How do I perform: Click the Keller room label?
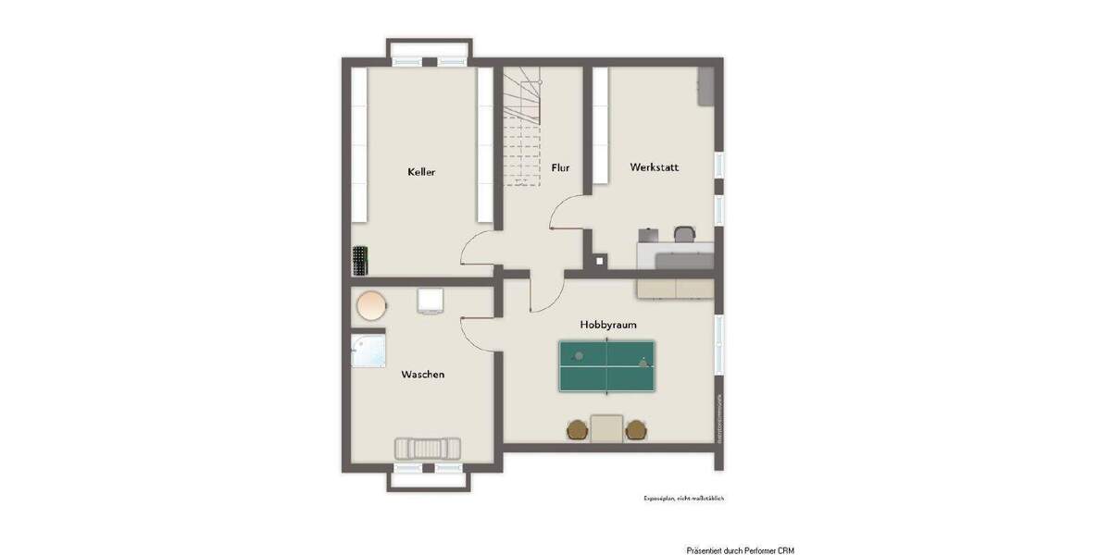(421, 172)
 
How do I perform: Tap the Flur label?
(560, 168)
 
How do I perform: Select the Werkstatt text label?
(654, 167)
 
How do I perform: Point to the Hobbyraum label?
(607, 325)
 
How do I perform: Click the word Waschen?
(422, 375)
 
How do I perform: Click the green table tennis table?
(606, 364)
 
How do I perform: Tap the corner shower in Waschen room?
(367, 351)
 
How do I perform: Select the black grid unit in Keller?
(359, 260)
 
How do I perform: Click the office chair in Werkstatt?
(685, 235)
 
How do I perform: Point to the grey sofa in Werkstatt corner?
(705, 86)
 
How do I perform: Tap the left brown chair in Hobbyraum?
(578, 429)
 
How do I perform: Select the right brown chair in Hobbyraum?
(635, 429)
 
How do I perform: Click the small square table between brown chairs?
(606, 428)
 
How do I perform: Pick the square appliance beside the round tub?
(431, 301)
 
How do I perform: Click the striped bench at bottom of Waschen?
(427, 448)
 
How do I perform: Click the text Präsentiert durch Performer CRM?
(739, 550)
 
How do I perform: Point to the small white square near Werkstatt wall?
(600, 261)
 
